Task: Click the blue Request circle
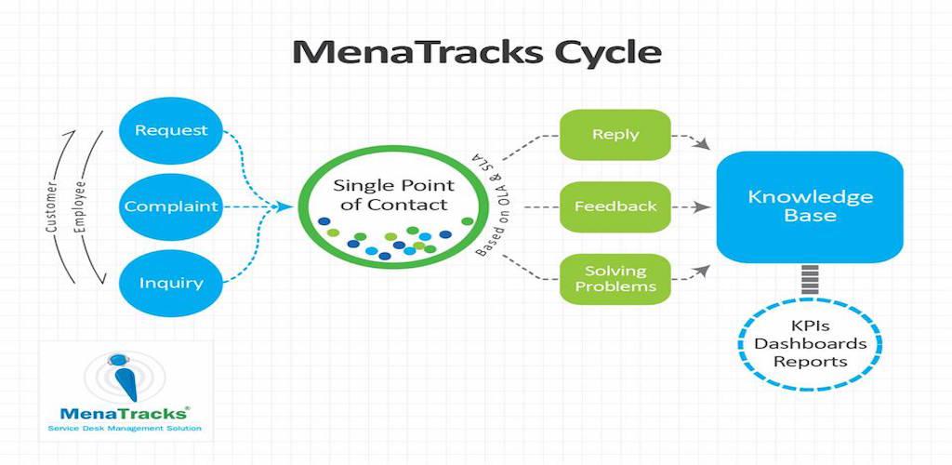(171, 130)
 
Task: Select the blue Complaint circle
(171, 206)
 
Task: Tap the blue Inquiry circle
(171, 283)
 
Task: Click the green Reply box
(615, 135)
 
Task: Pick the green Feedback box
(615, 206)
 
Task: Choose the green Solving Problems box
(615, 279)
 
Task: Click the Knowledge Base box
(810, 206)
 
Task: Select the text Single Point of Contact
(394, 194)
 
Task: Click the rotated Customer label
(52, 207)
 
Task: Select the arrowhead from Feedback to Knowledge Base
(702, 207)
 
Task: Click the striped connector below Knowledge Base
(810, 279)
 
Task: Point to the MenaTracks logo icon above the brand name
(125, 379)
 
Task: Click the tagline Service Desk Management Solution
(125, 429)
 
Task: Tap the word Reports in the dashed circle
(810, 363)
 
